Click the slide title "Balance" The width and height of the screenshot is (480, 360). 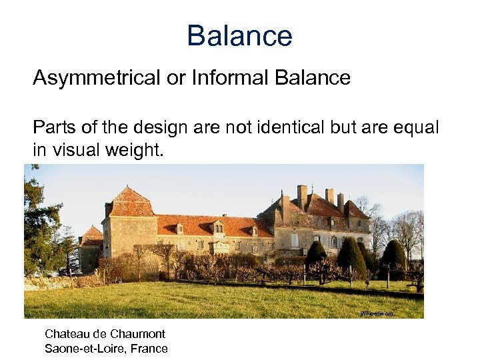point(239,35)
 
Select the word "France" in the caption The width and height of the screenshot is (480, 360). point(149,348)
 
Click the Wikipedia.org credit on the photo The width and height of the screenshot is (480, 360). point(377,313)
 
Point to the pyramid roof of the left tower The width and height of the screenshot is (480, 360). point(131,202)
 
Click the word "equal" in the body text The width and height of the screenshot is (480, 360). point(418,127)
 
